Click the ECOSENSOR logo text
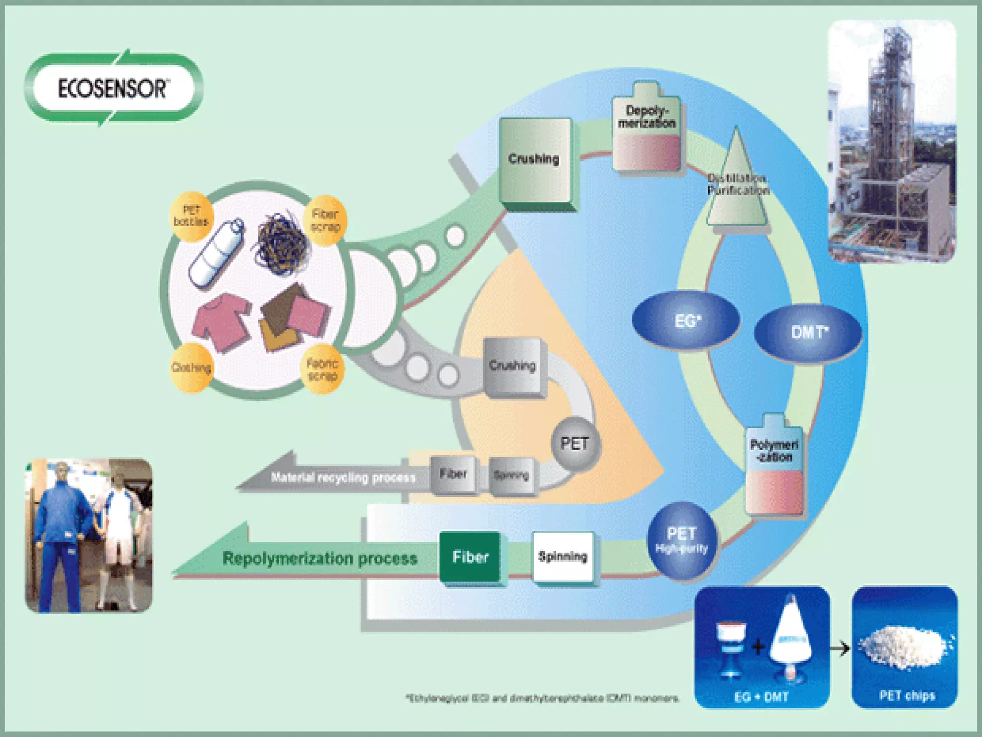tap(112, 89)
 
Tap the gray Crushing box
tap(513, 367)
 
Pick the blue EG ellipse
tap(686, 321)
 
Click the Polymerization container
tap(773, 468)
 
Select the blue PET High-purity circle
tap(681, 540)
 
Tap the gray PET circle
tap(574, 444)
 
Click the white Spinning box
tap(563, 557)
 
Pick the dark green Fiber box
tap(470, 557)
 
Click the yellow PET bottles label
tap(191, 216)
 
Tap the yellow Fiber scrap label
tap(325, 220)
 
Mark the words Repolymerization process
tap(320, 559)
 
